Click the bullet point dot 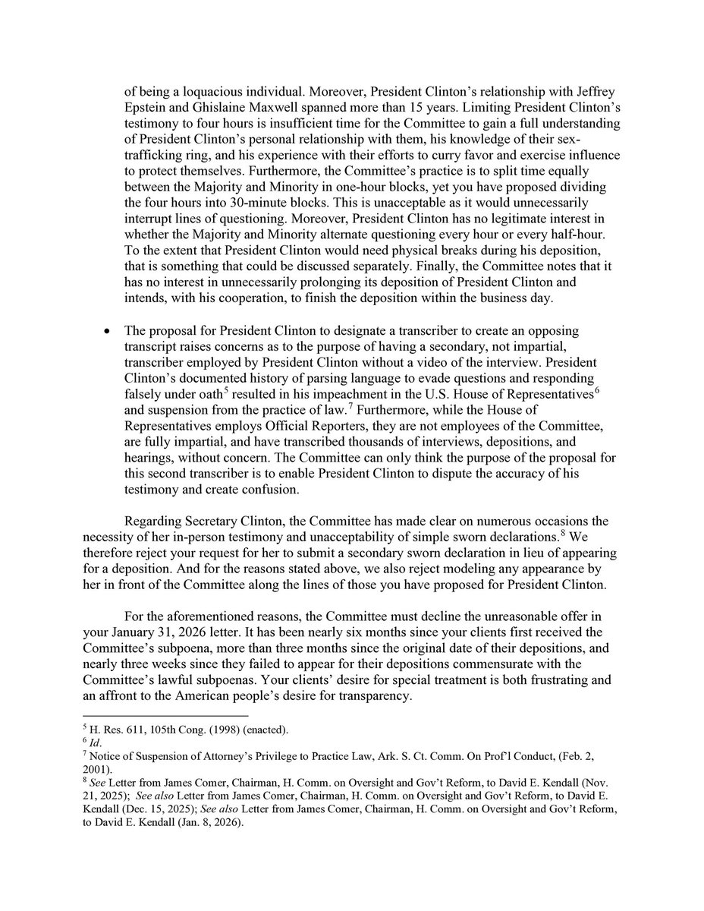(107, 333)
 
